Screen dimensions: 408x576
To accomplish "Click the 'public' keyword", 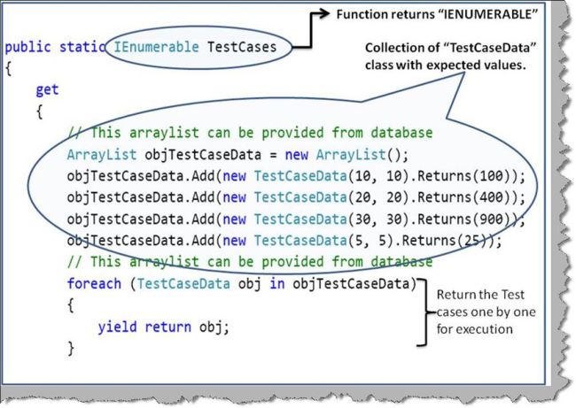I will (x=27, y=46).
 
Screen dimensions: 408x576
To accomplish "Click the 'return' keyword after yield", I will (x=167, y=327).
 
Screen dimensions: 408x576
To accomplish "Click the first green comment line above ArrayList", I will (x=250, y=133).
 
